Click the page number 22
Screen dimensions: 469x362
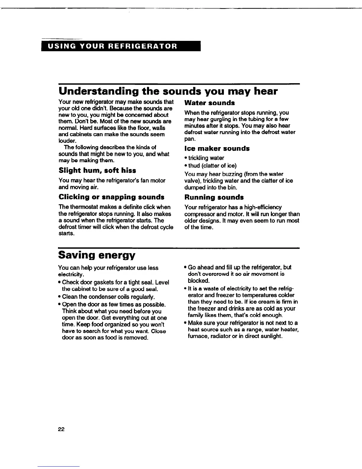pos(62,430)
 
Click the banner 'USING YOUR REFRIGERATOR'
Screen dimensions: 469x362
pos(121,47)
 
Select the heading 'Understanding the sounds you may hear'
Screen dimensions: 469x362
pos(168,91)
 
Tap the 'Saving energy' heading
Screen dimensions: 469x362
pos(97,255)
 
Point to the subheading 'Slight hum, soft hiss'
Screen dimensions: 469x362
pos(97,171)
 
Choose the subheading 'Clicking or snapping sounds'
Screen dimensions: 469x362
pos(111,197)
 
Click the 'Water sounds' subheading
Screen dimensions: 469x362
pos(209,103)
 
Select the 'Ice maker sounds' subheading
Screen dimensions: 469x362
pos(217,148)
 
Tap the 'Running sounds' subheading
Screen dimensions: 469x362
pos(214,197)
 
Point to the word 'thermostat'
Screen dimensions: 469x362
pos(83,207)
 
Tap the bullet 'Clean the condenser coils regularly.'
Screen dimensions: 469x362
pos(108,297)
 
